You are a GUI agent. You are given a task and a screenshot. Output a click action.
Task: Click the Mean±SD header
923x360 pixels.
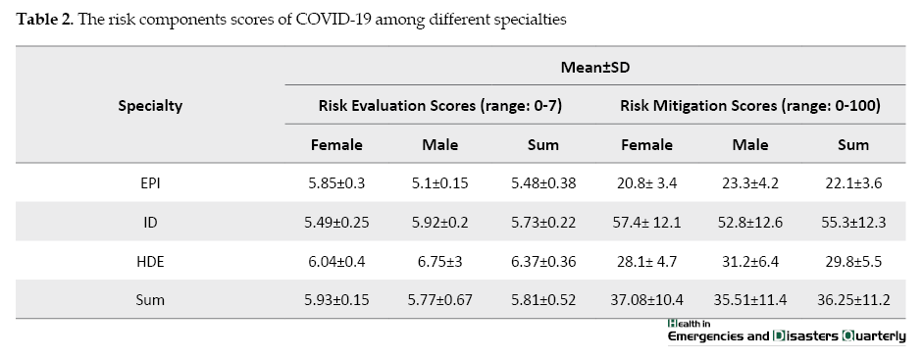[x=595, y=67]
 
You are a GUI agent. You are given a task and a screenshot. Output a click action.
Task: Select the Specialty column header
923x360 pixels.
[x=150, y=105]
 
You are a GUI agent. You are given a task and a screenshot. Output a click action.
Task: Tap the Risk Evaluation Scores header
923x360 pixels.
[x=440, y=105]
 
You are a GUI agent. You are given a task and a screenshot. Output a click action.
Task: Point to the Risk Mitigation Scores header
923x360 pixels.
[x=750, y=105]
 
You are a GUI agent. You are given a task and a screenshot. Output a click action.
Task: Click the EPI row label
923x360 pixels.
[x=150, y=182]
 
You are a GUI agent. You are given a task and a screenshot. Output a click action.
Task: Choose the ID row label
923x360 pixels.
[x=150, y=222]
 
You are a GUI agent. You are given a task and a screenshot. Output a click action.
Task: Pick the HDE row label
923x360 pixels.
[x=150, y=261]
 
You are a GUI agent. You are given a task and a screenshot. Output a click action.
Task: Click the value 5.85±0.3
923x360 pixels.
[x=336, y=182]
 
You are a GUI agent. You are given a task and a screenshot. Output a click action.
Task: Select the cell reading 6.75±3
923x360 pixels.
[x=440, y=261]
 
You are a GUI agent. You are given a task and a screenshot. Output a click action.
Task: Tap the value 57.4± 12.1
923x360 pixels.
[x=647, y=222]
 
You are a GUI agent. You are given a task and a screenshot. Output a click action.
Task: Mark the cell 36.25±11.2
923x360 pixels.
[x=853, y=299]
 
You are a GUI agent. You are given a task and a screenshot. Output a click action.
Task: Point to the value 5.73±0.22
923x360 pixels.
[x=543, y=222]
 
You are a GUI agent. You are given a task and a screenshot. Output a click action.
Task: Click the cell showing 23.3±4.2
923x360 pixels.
[x=750, y=182]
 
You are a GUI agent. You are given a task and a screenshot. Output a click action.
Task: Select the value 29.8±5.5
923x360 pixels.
[x=853, y=261]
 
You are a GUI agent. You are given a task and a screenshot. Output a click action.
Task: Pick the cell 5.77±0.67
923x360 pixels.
[x=440, y=299]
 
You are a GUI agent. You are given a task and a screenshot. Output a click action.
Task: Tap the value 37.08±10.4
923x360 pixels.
[x=647, y=299]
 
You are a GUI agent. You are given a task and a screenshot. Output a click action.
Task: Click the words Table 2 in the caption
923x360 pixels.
[x=44, y=20]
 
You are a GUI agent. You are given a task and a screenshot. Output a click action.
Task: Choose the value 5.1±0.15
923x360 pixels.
[x=440, y=182]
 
